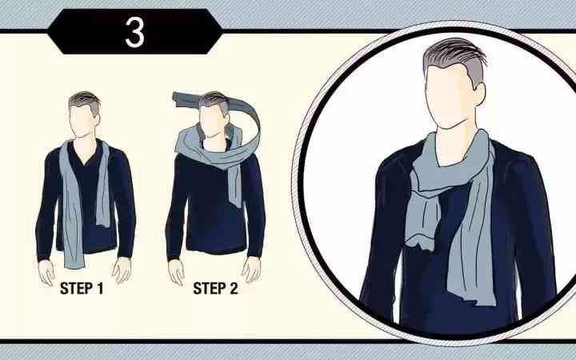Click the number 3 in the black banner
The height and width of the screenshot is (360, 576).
[135, 32]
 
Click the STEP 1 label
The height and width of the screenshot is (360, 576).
[82, 288]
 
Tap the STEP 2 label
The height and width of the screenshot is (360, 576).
[216, 288]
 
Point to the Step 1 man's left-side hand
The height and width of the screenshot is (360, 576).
[46, 272]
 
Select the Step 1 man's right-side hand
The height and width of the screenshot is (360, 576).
[122, 270]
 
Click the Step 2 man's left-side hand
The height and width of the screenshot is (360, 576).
[176, 272]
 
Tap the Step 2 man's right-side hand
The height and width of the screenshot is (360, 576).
[251, 270]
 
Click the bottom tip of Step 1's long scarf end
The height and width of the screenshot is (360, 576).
[74, 268]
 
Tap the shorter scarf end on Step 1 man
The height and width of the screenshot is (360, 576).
[103, 187]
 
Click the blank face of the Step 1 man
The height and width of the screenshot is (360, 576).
[82, 122]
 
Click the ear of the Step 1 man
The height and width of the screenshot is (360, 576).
[97, 120]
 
